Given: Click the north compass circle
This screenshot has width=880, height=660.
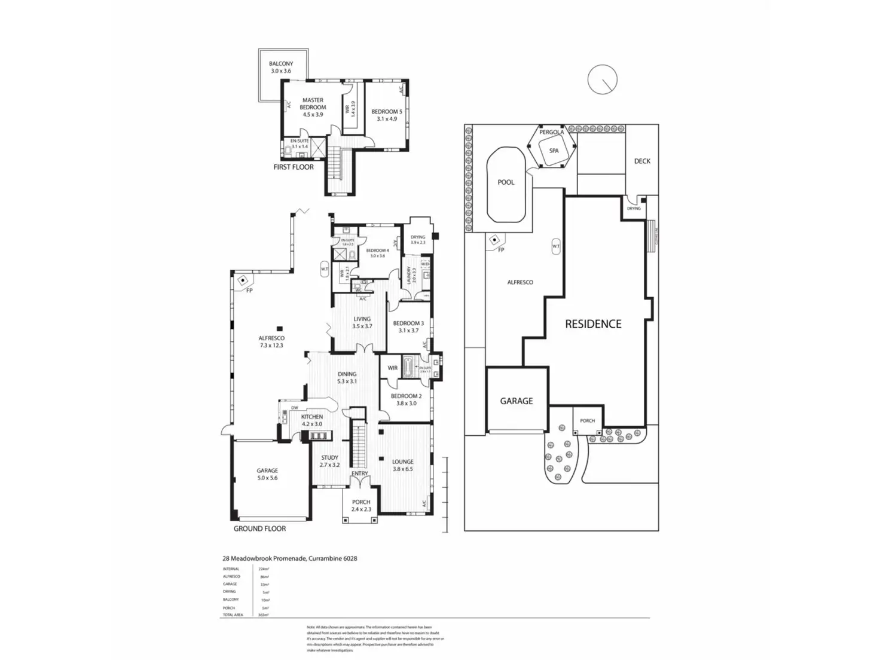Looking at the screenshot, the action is tap(602, 80).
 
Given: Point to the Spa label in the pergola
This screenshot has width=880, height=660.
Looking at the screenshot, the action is tap(554, 151).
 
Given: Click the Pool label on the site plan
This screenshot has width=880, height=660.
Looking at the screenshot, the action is tap(506, 182).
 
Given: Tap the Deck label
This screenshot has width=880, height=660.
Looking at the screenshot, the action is tap(642, 161).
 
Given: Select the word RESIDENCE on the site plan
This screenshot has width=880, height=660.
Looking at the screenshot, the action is tap(593, 324).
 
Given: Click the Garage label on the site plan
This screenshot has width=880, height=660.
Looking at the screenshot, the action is tap(517, 401).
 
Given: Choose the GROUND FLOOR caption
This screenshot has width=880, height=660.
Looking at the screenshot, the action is tap(259, 528).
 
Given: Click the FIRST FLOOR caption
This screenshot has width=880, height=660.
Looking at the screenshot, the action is tap(294, 167).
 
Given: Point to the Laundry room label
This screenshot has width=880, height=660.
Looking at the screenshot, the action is tap(409, 276).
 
